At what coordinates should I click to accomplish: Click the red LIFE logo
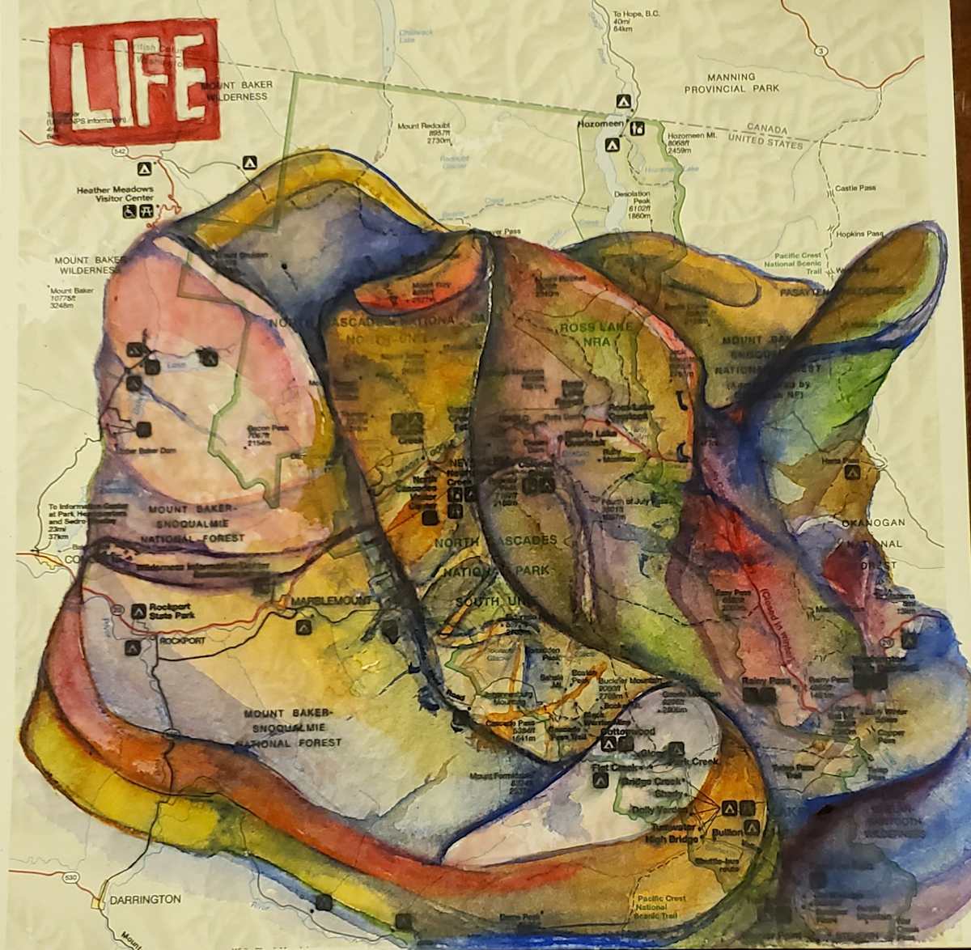pos(134,83)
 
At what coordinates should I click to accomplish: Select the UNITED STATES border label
pos(765,142)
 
